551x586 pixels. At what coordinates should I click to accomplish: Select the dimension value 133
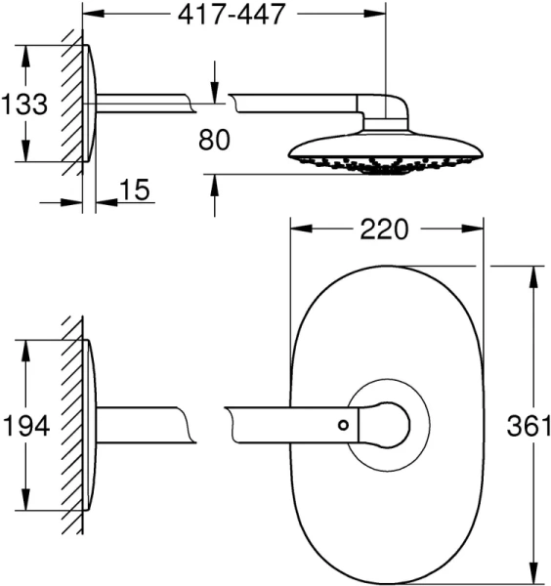(24, 104)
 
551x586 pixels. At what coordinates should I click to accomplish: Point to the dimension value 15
(139, 189)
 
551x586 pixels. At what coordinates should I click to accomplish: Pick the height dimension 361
(530, 426)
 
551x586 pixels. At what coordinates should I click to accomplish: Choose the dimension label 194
(24, 426)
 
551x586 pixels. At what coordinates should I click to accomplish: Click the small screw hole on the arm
(343, 424)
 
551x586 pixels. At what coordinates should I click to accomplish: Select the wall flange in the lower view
(90, 426)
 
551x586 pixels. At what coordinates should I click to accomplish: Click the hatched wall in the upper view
(70, 103)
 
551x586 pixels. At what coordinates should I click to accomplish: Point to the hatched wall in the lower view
(70, 426)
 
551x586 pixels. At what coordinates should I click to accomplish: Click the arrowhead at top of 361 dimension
(532, 272)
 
